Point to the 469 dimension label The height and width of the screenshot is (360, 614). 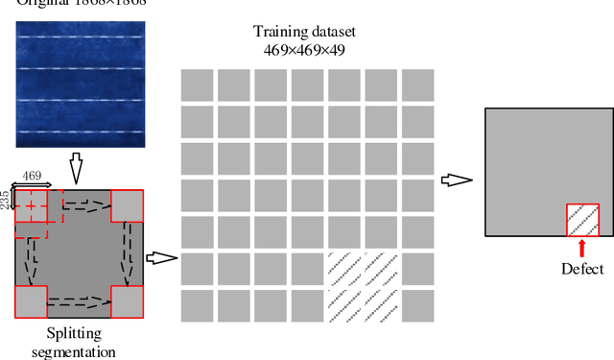tap(32, 175)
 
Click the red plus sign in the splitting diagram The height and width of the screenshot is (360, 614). tap(32, 205)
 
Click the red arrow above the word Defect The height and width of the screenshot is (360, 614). tap(582, 249)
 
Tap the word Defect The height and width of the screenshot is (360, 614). tap(582, 270)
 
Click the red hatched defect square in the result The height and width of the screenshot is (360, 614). tap(582, 220)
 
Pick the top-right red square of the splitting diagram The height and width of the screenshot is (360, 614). tap(128, 205)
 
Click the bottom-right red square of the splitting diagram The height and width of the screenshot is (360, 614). tap(128, 301)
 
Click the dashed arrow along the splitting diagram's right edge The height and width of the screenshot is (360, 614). tap(127, 253)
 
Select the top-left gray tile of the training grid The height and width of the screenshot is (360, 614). tap(197, 84)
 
